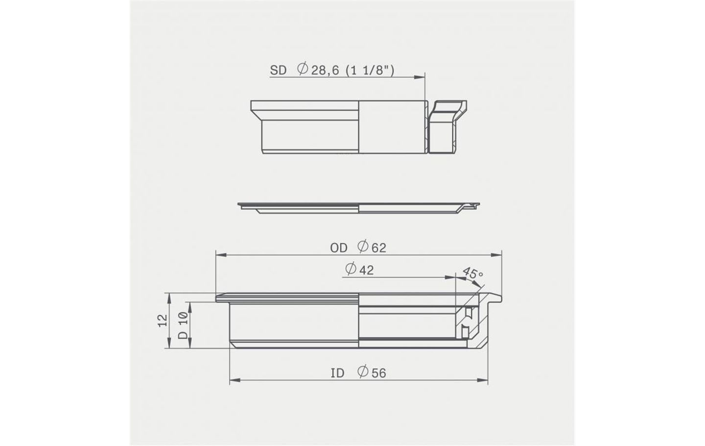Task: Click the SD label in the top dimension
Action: click(x=278, y=70)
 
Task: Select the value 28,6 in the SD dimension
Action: click(x=325, y=70)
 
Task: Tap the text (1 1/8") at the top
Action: click(x=370, y=70)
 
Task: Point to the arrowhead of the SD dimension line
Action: click(x=420, y=77)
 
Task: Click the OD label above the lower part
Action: click(x=339, y=248)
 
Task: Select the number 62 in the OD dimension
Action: click(x=378, y=248)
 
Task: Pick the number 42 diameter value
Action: click(x=366, y=270)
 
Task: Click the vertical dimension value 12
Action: click(x=163, y=321)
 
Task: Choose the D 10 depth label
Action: click(x=183, y=325)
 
